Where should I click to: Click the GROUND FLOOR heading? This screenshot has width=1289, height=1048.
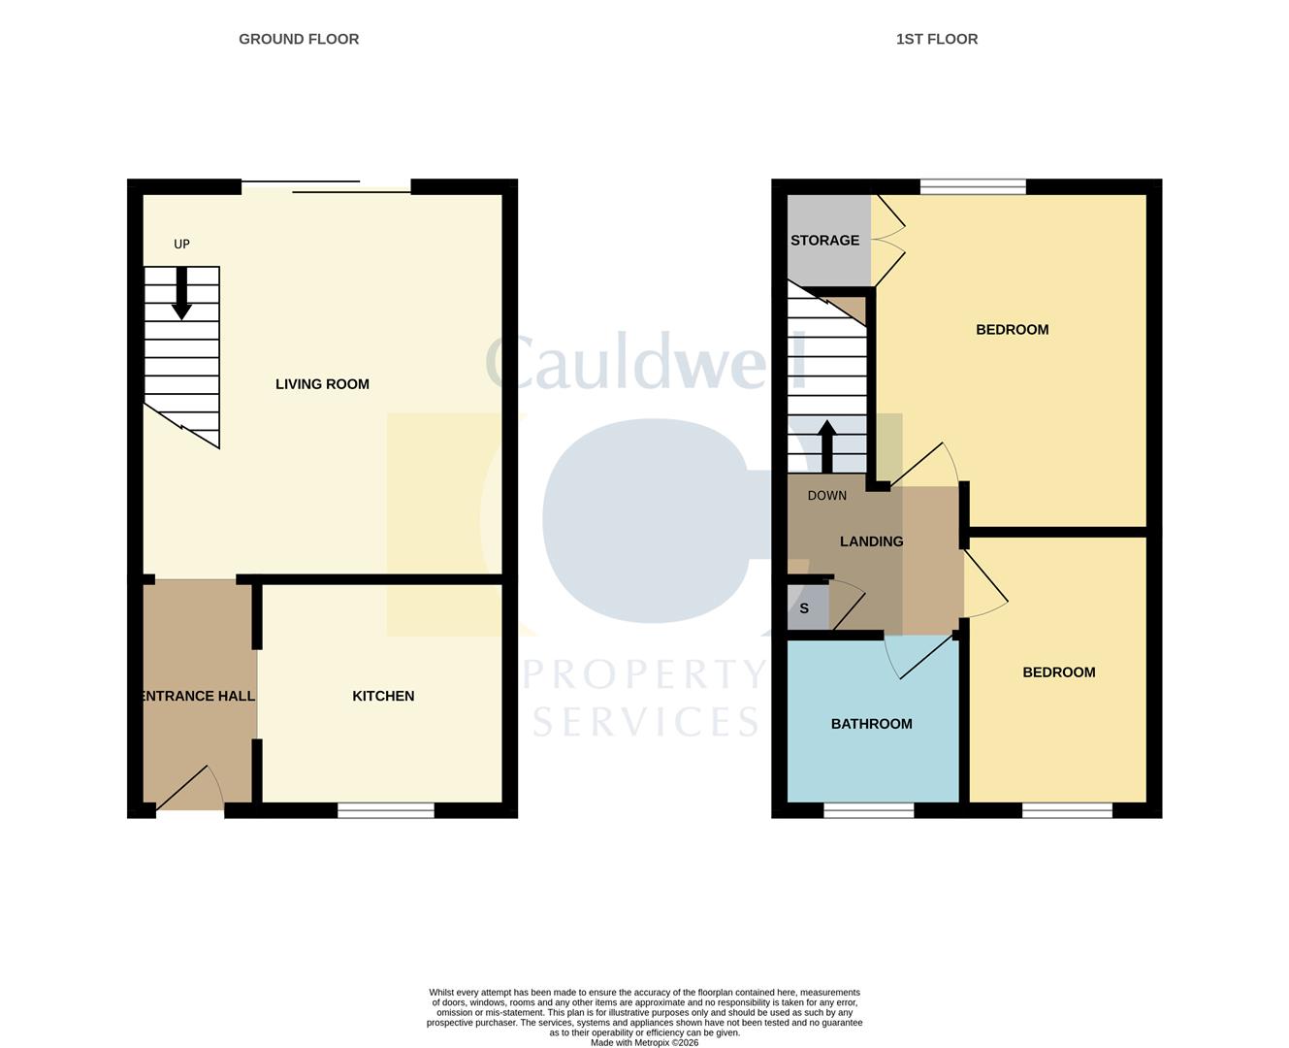(299, 40)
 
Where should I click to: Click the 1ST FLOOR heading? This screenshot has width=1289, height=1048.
(936, 40)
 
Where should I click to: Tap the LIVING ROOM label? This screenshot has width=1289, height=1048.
(322, 384)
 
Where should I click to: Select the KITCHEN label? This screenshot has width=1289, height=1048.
(383, 696)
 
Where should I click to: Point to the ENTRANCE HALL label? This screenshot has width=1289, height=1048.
(198, 696)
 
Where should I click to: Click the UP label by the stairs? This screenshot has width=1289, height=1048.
(181, 245)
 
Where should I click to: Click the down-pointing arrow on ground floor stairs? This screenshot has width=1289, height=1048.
(181, 294)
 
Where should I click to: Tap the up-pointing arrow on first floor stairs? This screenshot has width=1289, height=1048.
(827, 446)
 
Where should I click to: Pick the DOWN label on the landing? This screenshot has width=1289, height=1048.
(827, 496)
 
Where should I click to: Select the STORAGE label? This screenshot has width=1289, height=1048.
(824, 241)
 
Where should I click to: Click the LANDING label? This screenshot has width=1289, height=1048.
(871, 541)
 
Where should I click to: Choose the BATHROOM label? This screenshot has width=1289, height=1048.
(871, 724)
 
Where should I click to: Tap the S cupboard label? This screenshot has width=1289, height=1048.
(804, 609)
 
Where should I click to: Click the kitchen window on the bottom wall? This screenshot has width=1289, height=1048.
(386, 810)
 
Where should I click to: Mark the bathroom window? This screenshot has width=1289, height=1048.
(869, 810)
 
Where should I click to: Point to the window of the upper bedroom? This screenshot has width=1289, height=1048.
(973, 186)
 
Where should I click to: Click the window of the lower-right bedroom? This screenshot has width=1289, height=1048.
(1067, 810)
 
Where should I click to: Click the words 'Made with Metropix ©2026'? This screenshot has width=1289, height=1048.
(644, 1043)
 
